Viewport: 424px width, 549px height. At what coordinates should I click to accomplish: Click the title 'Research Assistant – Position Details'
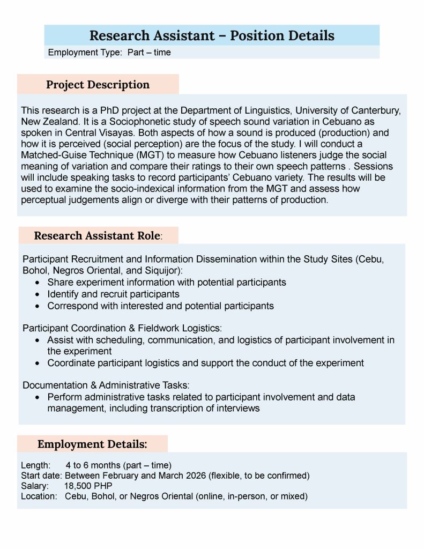pos(212,35)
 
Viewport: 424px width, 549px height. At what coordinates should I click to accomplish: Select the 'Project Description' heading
pos(98,85)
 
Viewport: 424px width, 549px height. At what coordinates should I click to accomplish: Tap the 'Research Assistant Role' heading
pos(97,235)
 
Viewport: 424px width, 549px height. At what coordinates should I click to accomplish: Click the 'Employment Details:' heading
pos(92,444)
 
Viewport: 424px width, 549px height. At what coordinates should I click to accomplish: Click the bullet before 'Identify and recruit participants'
pos(36,294)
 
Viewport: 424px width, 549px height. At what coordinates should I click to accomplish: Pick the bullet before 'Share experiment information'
pos(36,283)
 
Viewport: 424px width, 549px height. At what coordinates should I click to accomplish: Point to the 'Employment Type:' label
pos(85,53)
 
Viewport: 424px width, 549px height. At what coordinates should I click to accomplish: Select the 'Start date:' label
pos(41,476)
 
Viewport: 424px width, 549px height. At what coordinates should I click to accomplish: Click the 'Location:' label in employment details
pos(39,496)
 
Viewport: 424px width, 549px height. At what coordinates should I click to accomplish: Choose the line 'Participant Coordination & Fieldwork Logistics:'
pos(122,328)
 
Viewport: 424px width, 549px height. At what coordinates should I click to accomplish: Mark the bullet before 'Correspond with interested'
pos(36,306)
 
